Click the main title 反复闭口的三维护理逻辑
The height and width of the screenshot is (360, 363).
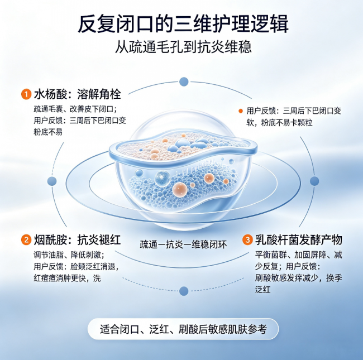[x=183, y=24]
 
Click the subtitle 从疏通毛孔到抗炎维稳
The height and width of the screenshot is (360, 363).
[x=183, y=47]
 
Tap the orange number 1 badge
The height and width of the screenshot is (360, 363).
[x=26, y=94]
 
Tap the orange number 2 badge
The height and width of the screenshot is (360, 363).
[x=26, y=239]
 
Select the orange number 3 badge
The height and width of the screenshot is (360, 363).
[x=247, y=239]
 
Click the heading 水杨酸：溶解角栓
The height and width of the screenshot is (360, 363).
[x=77, y=94]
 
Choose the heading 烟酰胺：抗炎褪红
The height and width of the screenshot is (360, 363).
[x=77, y=239]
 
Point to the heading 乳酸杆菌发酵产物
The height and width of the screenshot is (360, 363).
[x=299, y=239]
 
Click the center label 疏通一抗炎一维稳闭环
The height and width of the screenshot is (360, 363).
[x=183, y=244]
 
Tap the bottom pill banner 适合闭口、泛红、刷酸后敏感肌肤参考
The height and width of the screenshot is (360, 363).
[x=183, y=329]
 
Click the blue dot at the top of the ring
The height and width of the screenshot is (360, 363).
[x=184, y=81]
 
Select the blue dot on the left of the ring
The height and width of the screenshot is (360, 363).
[x=52, y=181]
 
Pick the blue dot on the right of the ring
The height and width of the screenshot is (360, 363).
[x=314, y=181]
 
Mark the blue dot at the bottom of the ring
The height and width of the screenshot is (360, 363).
[x=184, y=291]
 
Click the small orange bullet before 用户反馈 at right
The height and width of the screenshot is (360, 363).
[x=241, y=111]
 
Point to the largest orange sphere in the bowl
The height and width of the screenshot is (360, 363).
[x=180, y=190]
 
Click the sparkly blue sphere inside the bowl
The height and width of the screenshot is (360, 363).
[x=163, y=179]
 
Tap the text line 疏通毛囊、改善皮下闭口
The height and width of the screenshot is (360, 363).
[x=75, y=109]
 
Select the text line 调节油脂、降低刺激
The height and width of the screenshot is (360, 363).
[x=69, y=255]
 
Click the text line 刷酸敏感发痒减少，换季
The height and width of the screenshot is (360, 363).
[x=299, y=278]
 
